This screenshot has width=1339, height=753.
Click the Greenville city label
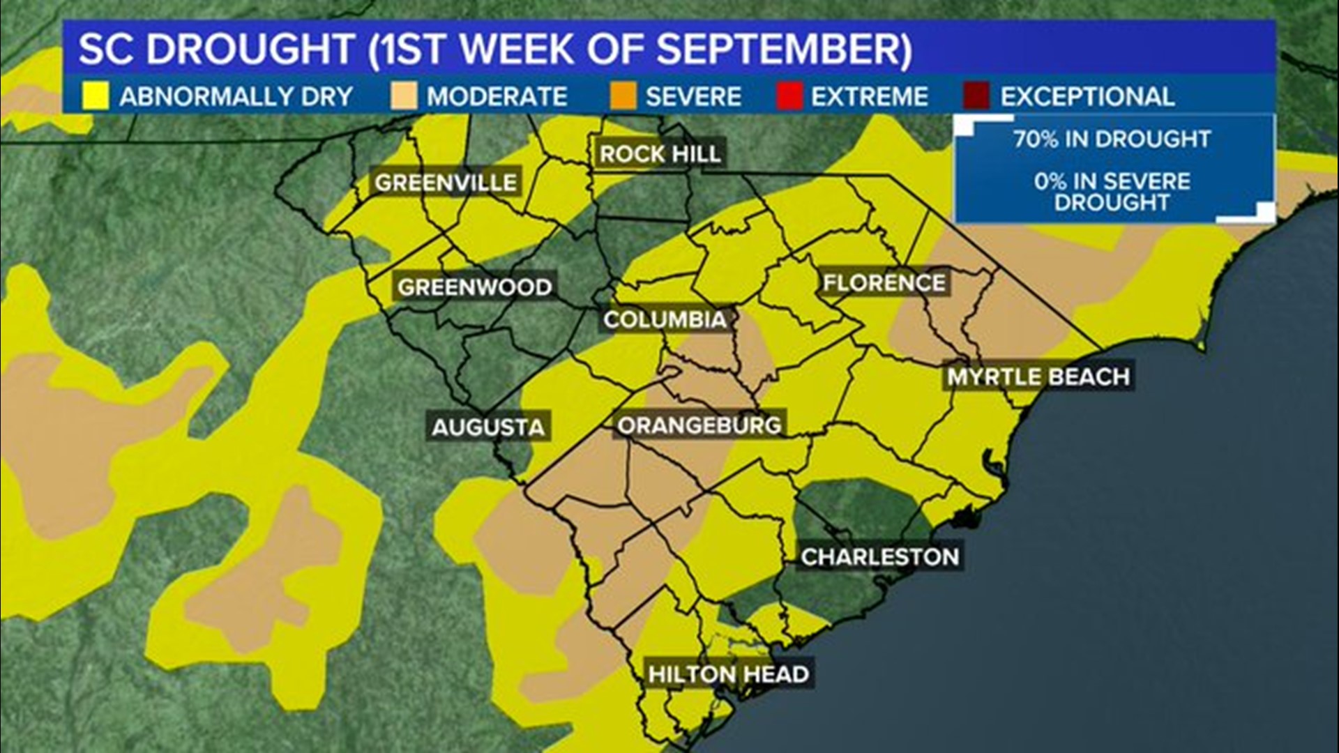point(446,183)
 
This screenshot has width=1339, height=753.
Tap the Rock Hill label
point(660,154)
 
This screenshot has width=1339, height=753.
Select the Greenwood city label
point(474,287)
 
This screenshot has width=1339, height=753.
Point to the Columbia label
point(665,320)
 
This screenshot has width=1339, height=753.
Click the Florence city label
point(884,283)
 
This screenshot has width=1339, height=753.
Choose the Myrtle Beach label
point(1038,377)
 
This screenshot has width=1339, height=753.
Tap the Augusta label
point(487,427)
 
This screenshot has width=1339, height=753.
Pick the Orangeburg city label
point(699,425)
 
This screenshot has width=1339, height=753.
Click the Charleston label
point(879,557)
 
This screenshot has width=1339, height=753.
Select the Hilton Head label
point(728,674)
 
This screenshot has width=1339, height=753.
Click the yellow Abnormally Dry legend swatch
point(96,96)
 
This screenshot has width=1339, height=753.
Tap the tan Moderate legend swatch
point(404,96)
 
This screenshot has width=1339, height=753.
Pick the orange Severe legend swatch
point(623,96)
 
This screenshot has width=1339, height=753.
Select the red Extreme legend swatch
point(789,96)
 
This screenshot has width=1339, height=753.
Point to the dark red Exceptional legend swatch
point(976,96)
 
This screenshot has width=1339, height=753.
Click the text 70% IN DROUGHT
point(1112,139)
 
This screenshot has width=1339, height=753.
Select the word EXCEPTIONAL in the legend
point(1087,96)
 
